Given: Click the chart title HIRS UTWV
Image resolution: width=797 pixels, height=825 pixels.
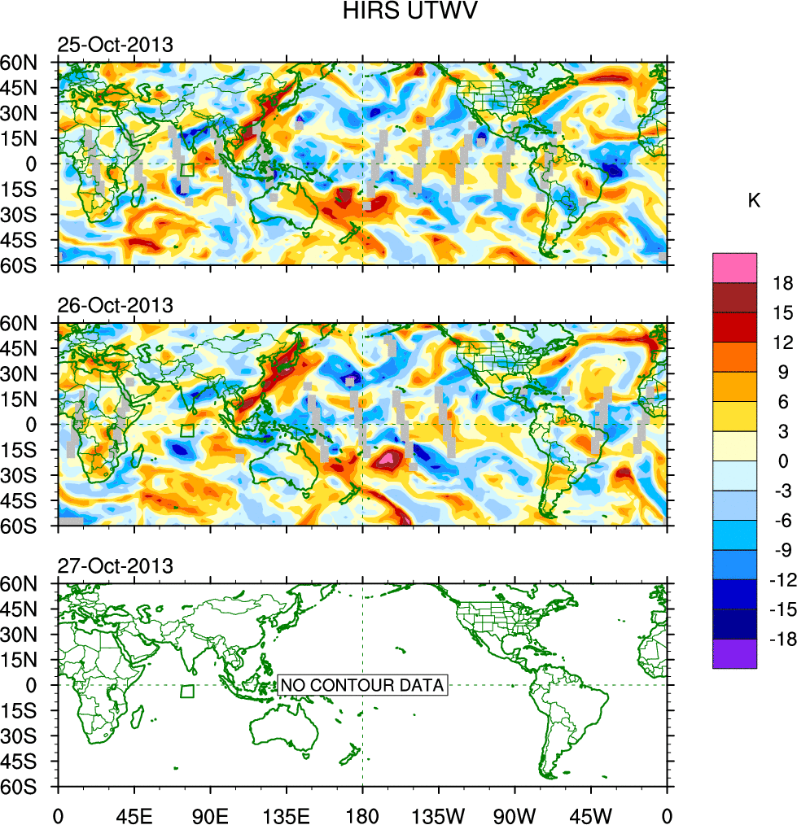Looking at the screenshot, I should click(397, 11).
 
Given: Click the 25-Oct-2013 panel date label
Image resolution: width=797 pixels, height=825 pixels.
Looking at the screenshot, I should click(115, 45).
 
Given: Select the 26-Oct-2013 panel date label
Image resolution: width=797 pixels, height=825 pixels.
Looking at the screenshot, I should click(115, 305).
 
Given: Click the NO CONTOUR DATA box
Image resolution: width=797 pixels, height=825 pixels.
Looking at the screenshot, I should click(362, 685).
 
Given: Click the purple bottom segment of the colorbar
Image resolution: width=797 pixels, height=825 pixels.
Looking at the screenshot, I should click(734, 654).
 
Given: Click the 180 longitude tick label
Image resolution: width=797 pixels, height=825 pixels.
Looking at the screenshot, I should click(362, 814).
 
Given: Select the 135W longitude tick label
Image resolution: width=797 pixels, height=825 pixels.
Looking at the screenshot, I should click(439, 814).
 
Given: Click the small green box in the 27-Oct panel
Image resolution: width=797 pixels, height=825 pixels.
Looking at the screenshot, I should click(187, 692).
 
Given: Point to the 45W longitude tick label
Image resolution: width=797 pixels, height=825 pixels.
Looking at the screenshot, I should click(591, 814).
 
